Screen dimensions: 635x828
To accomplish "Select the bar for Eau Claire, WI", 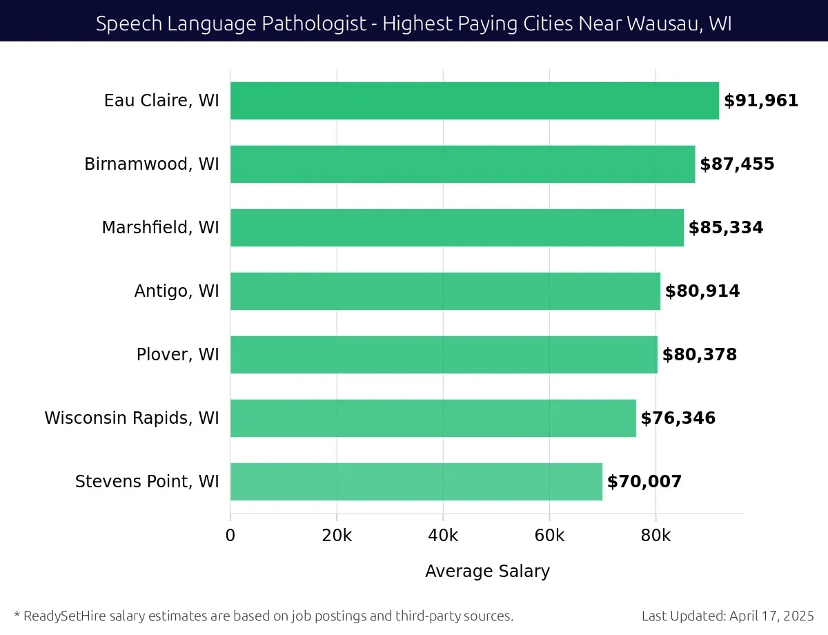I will point(474,101).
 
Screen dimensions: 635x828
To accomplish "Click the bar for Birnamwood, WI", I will point(462,164).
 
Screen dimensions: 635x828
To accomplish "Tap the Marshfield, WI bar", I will point(457,228).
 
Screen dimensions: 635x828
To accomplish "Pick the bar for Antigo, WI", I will point(445,291).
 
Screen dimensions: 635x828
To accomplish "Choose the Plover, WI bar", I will point(444,355).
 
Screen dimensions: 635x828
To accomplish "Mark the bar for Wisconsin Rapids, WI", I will point(433,418).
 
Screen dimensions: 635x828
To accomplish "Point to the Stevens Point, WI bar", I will point(416,482).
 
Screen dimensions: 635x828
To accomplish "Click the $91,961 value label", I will point(761,101).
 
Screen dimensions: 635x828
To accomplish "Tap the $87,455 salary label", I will point(737,164).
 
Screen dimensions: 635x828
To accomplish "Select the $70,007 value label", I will point(644,482).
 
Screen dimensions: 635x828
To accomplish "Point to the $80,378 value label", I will point(700,355).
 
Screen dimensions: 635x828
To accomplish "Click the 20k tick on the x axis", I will point(337,536).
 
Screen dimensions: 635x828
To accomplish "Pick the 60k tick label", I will point(549,536).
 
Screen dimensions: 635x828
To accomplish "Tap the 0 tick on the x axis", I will point(230,536).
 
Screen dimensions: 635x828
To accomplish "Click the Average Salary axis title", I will point(487,571).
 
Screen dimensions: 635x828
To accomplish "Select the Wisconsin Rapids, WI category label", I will point(132,418).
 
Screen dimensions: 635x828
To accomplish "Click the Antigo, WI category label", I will point(177,291).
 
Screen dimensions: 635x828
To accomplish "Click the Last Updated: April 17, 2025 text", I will point(727,616).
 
